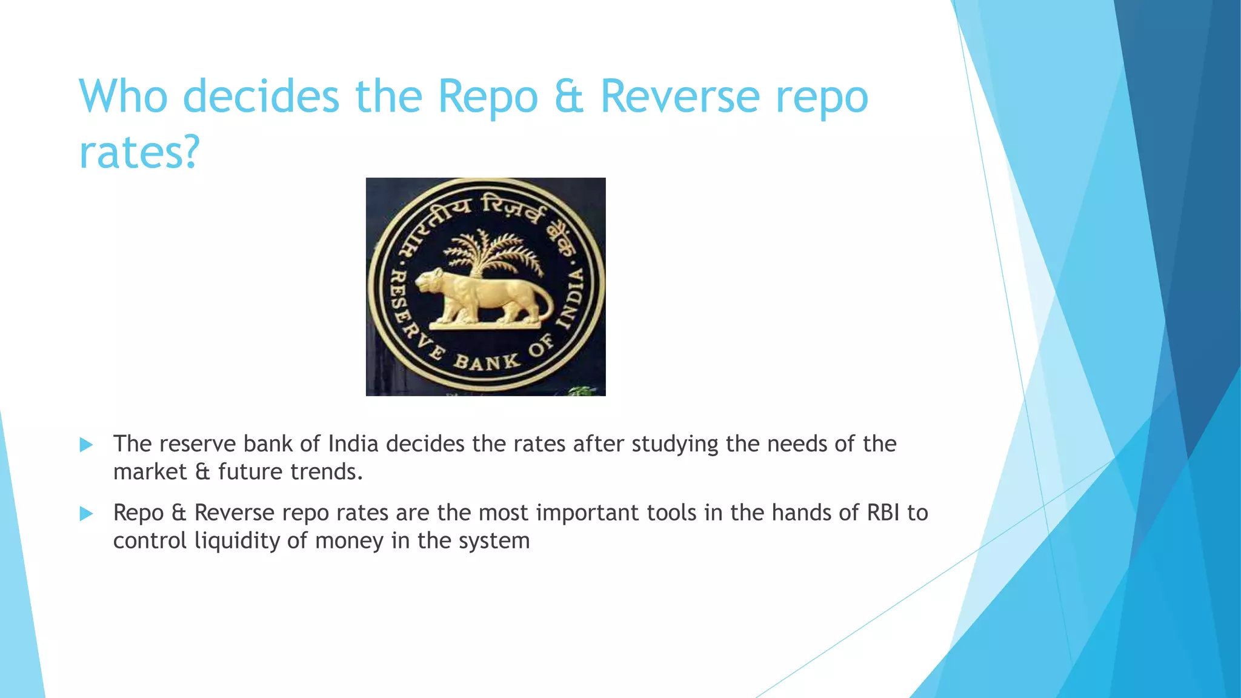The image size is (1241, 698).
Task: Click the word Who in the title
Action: pos(124,97)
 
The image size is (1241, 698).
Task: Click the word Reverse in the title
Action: pos(679,97)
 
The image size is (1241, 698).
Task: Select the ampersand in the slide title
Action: pos(569,97)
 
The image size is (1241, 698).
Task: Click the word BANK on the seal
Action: pos(487,362)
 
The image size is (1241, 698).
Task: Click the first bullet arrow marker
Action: pos(86,445)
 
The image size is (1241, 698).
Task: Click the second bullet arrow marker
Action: pos(86,514)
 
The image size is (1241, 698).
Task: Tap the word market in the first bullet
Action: pos(150,472)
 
